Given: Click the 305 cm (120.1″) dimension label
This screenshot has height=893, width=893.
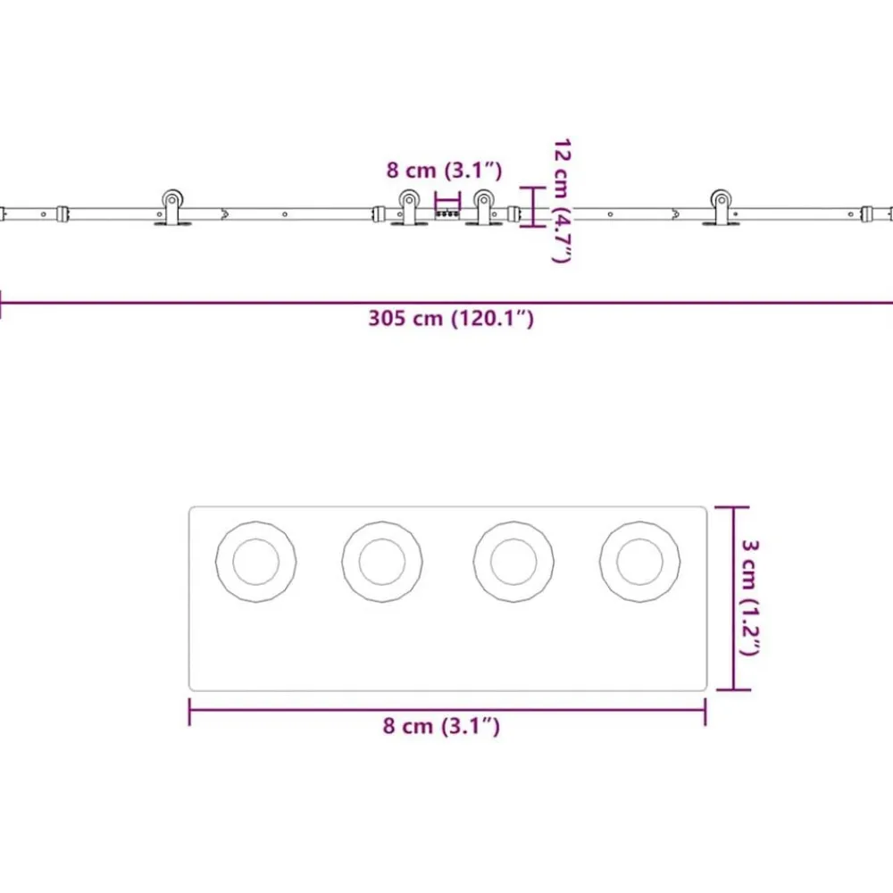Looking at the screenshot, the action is click(451, 318).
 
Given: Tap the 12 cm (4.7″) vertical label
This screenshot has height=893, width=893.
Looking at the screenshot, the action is click(562, 200).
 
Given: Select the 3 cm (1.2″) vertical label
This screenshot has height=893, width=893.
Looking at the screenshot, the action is click(749, 597).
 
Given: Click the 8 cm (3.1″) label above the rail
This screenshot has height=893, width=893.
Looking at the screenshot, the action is click(444, 170).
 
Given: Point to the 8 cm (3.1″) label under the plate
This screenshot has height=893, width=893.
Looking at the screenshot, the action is click(441, 725).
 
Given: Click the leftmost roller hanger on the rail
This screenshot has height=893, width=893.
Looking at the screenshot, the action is click(172, 207).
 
